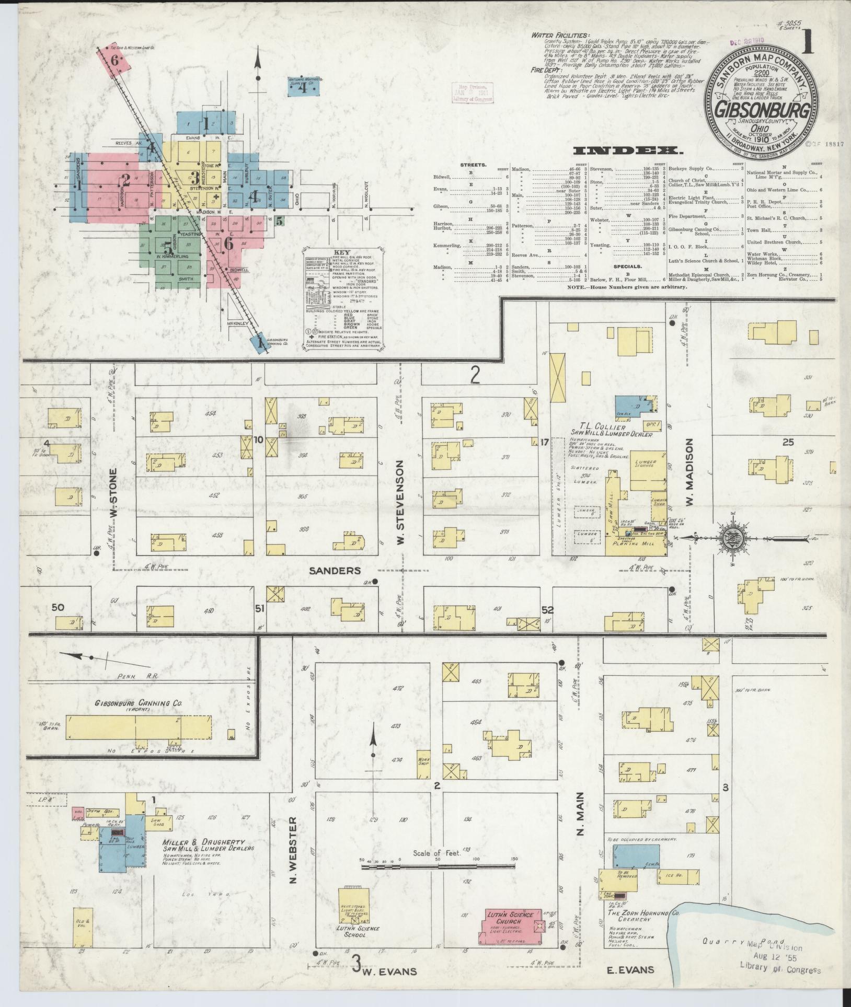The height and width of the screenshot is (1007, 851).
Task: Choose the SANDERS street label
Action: (335, 570)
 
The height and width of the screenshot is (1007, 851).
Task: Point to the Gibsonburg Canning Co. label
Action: (139, 704)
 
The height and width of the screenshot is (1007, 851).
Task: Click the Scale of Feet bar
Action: (439, 867)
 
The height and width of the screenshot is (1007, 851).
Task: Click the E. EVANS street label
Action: (630, 970)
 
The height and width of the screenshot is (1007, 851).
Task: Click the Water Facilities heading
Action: (559, 35)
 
